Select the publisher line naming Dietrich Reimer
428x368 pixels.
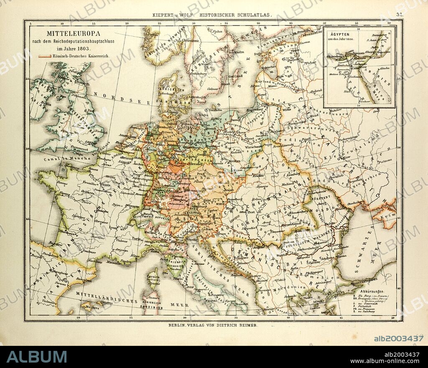213,325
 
